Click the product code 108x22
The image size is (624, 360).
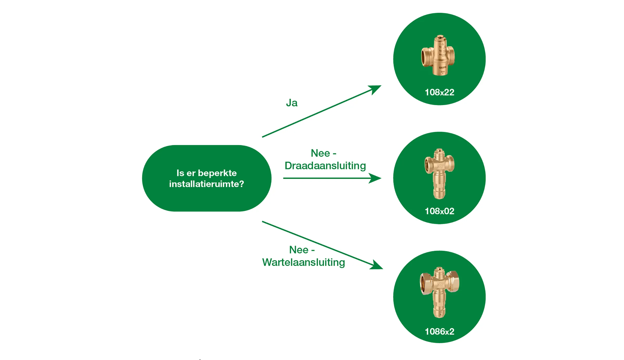point(439,92)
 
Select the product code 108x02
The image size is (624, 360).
point(439,211)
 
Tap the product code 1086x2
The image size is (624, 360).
point(439,331)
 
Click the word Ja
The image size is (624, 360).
point(292,103)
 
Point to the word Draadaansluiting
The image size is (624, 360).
point(325,166)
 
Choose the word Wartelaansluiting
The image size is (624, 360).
point(303,263)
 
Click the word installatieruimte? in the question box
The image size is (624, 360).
point(206,184)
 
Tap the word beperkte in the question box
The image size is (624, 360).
point(217,173)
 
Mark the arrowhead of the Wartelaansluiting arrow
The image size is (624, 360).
point(377,265)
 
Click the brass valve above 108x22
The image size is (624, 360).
point(438,55)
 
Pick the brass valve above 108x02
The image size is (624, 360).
point(439,173)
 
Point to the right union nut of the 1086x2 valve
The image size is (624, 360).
point(453,281)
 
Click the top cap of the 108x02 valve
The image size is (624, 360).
point(439,151)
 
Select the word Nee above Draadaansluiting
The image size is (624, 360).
point(320,153)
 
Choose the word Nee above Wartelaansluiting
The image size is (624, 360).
point(299,250)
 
